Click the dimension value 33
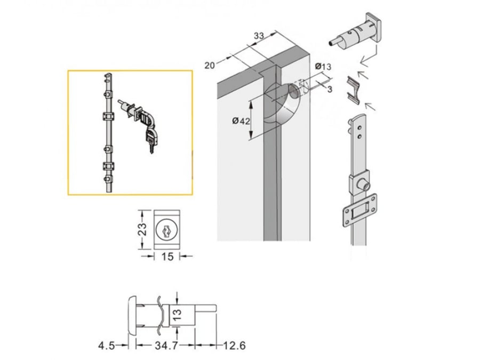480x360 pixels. pyautogui.click(x=259, y=36)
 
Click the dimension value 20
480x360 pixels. pyautogui.click(x=210, y=65)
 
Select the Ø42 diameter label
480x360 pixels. pyautogui.click(x=241, y=121)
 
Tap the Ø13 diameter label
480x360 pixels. pyautogui.click(x=323, y=66)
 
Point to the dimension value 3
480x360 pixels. pyautogui.click(x=330, y=89)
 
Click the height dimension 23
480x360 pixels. pyautogui.click(x=142, y=229)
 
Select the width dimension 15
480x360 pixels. pyautogui.click(x=167, y=257)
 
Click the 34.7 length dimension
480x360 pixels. pyautogui.click(x=166, y=346)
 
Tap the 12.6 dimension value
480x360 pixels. pyautogui.click(x=234, y=346)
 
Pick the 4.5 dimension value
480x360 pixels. pyautogui.click(x=107, y=346)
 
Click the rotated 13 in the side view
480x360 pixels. pyautogui.click(x=178, y=315)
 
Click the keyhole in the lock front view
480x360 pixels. pyautogui.click(x=166, y=230)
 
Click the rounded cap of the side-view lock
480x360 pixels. pyautogui.click(x=132, y=316)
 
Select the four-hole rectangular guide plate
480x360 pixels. pyautogui.click(x=359, y=211)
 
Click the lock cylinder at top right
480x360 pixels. pyautogui.click(x=356, y=31)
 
